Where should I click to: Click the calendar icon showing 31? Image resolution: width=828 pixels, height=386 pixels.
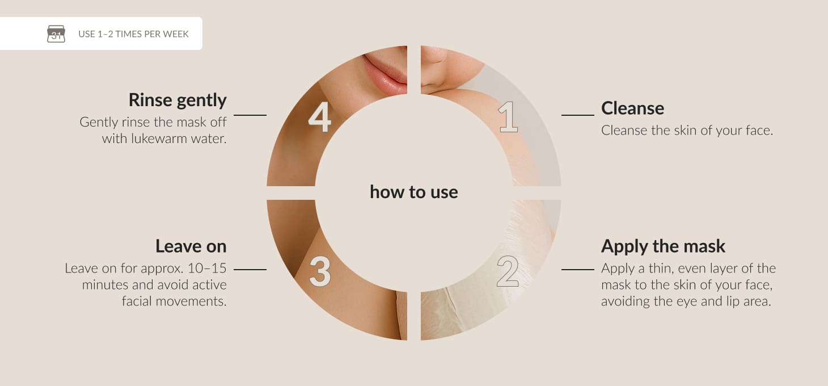56,33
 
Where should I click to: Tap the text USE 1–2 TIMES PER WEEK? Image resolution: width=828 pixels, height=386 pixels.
133,34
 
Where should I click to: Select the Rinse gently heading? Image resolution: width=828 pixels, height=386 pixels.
178,100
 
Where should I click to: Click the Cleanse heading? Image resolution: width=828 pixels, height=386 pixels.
632,108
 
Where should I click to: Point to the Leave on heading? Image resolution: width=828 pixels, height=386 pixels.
191,246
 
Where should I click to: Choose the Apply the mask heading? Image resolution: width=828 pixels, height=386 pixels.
663,246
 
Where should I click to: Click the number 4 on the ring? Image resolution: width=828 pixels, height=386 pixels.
319,117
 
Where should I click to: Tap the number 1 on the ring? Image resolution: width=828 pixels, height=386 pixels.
509,117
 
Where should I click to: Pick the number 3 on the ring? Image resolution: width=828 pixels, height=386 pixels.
320,272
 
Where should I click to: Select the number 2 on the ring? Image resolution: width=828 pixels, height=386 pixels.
508,272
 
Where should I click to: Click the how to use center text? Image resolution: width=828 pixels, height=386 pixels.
414,192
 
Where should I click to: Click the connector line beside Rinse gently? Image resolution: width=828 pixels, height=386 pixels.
250,115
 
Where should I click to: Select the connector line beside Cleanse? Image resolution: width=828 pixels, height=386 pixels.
578,115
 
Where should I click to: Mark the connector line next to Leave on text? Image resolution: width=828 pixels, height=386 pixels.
250,270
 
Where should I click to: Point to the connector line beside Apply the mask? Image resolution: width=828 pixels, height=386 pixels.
578,270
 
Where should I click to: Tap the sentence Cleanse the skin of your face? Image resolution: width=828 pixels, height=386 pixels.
687,130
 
